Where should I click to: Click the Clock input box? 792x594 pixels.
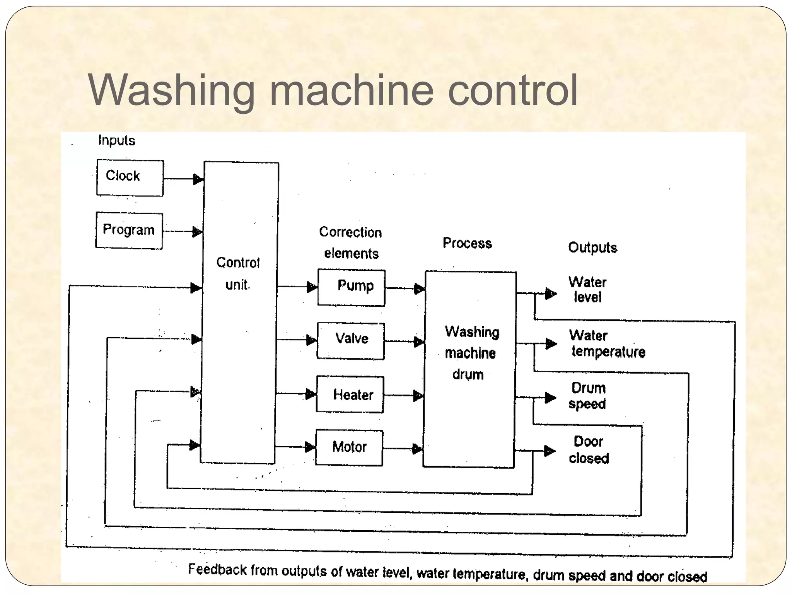pos(130,178)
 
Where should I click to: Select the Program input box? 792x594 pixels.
pos(129,230)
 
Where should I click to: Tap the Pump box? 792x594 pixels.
pos(351,288)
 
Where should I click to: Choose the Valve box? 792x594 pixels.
pos(351,341)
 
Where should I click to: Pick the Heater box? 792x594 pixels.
pos(350,394)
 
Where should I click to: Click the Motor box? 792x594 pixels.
pos(349,447)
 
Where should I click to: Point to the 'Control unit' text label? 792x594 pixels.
pos(237,273)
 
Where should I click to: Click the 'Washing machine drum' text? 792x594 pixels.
pos(471,353)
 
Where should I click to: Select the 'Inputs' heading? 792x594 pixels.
pos(116,140)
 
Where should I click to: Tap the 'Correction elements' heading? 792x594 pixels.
pos(350,242)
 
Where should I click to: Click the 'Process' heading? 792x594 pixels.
pos(467,243)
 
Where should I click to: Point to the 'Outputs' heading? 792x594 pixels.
pos(592,247)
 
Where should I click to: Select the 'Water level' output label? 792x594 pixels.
pos(587,289)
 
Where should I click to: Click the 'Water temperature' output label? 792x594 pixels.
pos(607,343)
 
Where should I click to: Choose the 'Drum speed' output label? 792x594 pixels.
pos(588,396)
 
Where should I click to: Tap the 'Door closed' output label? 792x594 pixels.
pos(589,450)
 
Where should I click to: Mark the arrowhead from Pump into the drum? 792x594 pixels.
pos(420,289)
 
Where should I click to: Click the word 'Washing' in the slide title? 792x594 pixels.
pos(171,91)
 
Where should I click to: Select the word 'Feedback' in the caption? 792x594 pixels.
pos(217,569)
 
